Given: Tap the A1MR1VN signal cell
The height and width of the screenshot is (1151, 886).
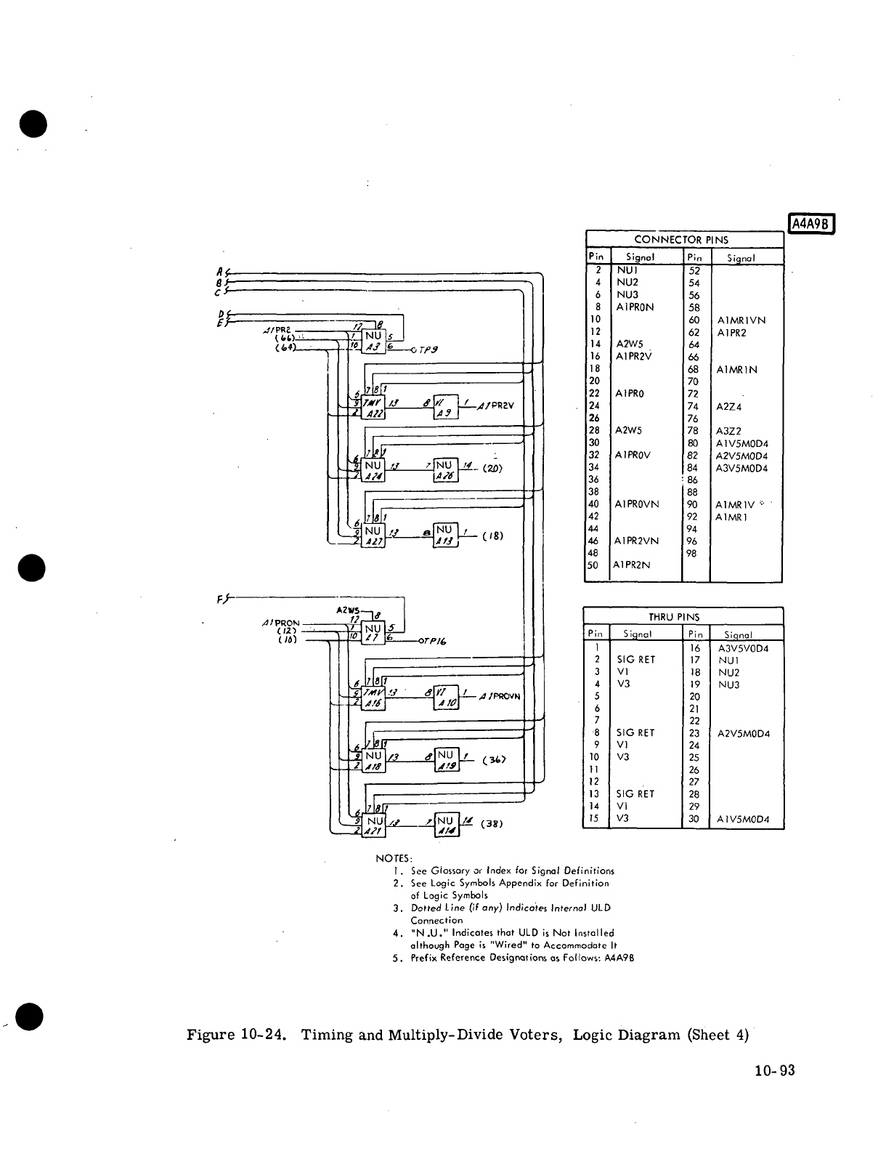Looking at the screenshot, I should [x=741, y=320].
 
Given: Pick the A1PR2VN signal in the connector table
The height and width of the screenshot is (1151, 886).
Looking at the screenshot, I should [x=637, y=541].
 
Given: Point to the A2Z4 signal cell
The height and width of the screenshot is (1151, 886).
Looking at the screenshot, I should [x=729, y=407].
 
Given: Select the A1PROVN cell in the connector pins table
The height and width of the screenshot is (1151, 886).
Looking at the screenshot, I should [x=637, y=504].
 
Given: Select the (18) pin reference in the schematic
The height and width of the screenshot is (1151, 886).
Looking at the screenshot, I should [x=492, y=537].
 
